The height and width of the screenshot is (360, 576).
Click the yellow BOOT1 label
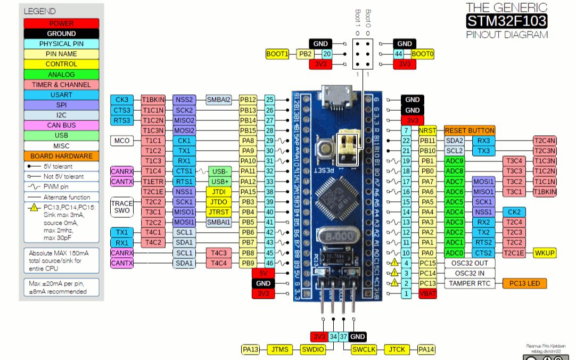tap(277, 54)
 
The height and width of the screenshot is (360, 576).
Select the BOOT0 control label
tap(423, 54)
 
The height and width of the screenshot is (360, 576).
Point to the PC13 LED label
tap(524, 283)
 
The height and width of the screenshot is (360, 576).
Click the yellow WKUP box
tap(545, 253)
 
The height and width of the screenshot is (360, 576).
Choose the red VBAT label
tap(427, 293)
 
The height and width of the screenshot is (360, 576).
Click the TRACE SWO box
tap(122, 207)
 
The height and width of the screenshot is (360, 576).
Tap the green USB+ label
tap(220, 182)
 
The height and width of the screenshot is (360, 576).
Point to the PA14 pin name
tap(426, 349)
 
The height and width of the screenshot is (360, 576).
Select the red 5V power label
tap(263, 273)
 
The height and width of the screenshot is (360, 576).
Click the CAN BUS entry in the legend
tap(61, 125)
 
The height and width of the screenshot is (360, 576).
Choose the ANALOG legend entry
tap(61, 75)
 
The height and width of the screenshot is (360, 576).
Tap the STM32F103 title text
tap(506, 21)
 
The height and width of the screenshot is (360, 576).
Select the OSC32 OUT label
tap(470, 263)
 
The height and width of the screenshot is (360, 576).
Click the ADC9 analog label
tap(455, 161)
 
